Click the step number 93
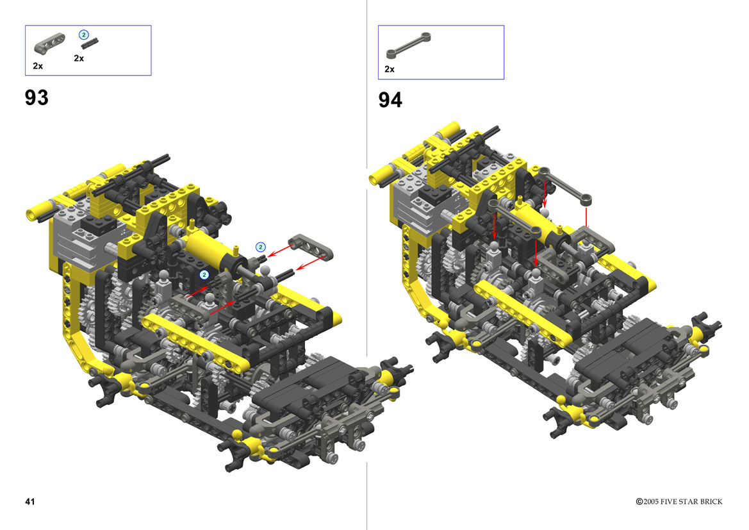click(x=37, y=97)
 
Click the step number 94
click(x=390, y=100)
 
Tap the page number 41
click(x=29, y=501)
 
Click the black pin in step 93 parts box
click(x=89, y=44)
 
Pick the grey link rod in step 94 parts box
click(x=408, y=46)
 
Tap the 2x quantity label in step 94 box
click(x=390, y=69)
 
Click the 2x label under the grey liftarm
click(x=38, y=66)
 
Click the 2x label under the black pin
click(x=79, y=58)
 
